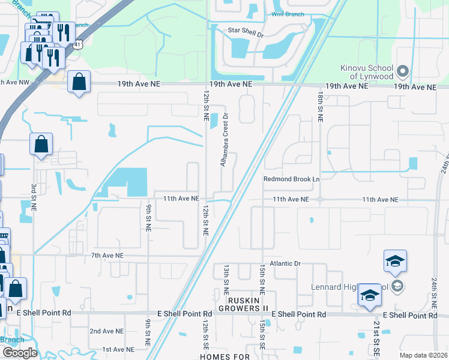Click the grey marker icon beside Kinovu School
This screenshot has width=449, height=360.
point(402,72)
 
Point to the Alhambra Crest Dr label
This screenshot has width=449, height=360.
point(225,140)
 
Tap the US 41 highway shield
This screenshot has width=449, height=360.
point(78,45)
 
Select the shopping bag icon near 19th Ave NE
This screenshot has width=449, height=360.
point(79,83)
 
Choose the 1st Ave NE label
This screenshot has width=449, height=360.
point(116,349)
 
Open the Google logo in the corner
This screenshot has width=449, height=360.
point(20,353)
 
